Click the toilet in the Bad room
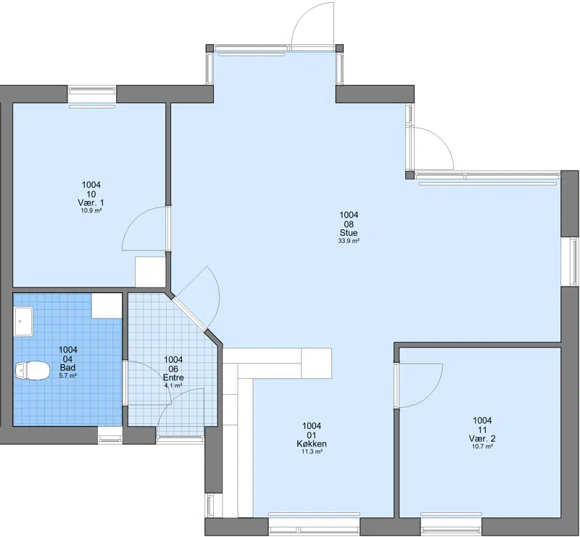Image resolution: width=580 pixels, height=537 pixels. [x=33, y=371]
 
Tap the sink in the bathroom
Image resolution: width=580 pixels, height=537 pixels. [x=24, y=321]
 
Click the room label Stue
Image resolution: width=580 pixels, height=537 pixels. [x=349, y=233]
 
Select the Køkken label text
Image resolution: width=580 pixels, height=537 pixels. [x=312, y=443]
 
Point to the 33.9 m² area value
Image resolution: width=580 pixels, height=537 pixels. [x=349, y=241]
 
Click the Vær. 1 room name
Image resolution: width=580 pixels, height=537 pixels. [x=91, y=203]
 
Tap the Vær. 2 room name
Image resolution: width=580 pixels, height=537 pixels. [x=482, y=438]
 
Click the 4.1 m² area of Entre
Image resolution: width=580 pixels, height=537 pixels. [x=173, y=385]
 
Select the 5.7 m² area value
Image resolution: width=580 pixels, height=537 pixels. [x=68, y=375]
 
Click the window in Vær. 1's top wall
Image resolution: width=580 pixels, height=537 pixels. [x=92, y=94]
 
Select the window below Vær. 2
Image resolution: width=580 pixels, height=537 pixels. [x=451, y=526]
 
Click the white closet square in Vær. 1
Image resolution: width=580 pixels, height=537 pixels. [x=150, y=271]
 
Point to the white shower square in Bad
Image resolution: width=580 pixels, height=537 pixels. [x=107, y=306]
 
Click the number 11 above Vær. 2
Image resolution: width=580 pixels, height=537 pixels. [x=482, y=430]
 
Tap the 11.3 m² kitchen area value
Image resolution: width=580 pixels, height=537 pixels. [x=312, y=452]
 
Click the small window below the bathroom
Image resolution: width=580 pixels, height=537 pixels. [x=111, y=435]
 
